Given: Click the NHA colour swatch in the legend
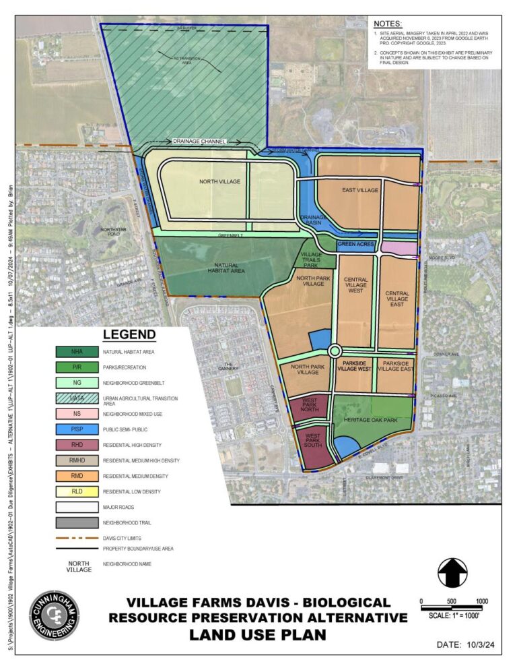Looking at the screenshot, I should click(77, 352).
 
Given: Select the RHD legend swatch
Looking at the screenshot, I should click(77, 444).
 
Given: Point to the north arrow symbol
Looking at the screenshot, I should click(452, 573).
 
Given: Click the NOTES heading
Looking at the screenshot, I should click(388, 24).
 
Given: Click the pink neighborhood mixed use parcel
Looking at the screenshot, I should click(399, 248).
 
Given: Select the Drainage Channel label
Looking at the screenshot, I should click(199, 142).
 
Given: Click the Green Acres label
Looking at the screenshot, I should click(355, 244).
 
